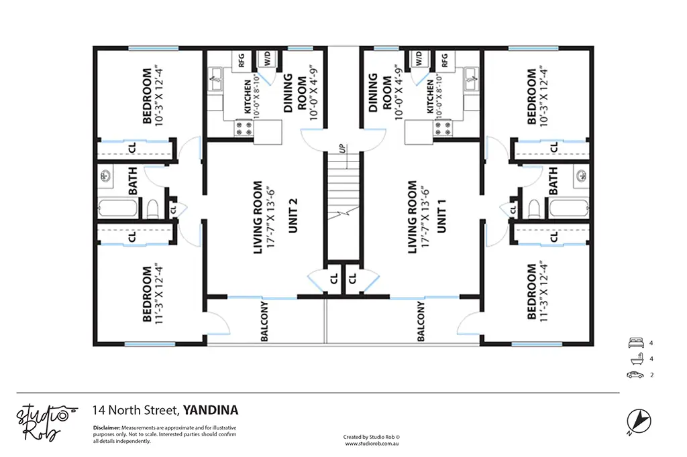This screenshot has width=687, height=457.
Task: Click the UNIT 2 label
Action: click(x=293, y=215)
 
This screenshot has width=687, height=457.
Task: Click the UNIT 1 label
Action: click(x=441, y=215)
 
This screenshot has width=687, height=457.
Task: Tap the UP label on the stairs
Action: click(x=342, y=148)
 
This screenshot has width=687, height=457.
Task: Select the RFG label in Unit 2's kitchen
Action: click(x=241, y=60)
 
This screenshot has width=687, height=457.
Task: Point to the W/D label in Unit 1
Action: click(x=419, y=58)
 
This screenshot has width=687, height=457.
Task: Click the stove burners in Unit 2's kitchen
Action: click(x=244, y=128)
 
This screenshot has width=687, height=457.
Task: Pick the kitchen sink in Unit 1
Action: click(x=471, y=79)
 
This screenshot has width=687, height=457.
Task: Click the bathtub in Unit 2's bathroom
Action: click(x=118, y=208)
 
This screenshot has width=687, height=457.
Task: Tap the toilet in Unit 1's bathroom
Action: click(x=534, y=209)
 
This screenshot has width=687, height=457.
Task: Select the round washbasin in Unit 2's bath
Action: click(x=105, y=176)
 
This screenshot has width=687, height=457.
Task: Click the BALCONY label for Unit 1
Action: click(x=421, y=321)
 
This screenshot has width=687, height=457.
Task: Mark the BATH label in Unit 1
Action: click(x=553, y=181)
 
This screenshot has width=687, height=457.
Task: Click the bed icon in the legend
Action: click(x=636, y=343)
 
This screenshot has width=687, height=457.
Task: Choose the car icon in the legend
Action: click(x=635, y=375)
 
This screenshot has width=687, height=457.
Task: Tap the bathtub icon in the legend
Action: click(x=637, y=358)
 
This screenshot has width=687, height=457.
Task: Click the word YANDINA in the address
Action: click(x=211, y=410)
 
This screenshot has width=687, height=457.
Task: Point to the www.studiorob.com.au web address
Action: click(x=372, y=444)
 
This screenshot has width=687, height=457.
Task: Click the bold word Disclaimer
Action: click(x=107, y=428)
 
